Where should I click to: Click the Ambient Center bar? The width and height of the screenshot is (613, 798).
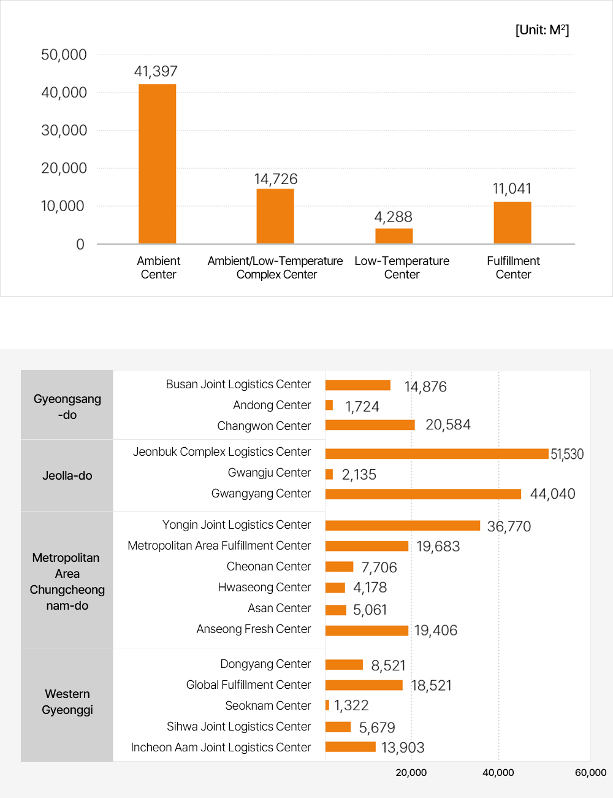pyautogui.click(x=158, y=164)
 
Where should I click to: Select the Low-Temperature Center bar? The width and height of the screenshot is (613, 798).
pyautogui.click(x=394, y=236)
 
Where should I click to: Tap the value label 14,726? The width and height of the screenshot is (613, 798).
pyautogui.click(x=276, y=179)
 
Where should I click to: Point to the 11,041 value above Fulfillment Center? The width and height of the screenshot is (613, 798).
pyautogui.click(x=512, y=189)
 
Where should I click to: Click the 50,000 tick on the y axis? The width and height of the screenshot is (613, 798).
pyautogui.click(x=64, y=55)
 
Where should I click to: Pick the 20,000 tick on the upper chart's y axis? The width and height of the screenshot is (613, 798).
pyautogui.click(x=64, y=168)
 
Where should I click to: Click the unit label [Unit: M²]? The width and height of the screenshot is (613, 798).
pyautogui.click(x=542, y=30)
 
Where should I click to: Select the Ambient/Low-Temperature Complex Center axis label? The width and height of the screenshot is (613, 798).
pyautogui.click(x=275, y=267)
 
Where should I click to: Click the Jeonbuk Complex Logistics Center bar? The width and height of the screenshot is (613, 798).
pyautogui.click(x=436, y=454)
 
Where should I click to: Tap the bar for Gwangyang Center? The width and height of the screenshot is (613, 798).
pyautogui.click(x=423, y=494)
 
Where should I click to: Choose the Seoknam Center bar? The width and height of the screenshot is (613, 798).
pyautogui.click(x=327, y=705)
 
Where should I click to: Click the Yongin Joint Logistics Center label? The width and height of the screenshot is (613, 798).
pyautogui.click(x=237, y=525)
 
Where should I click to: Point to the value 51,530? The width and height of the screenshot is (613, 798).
pyautogui.click(x=567, y=455)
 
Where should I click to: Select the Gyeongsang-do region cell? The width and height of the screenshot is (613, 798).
pyautogui.click(x=67, y=406)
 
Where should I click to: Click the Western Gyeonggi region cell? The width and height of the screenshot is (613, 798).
pyautogui.click(x=67, y=702)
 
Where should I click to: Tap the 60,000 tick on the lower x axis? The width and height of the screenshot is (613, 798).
pyautogui.click(x=590, y=773)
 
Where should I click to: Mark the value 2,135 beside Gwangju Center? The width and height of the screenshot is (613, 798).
pyautogui.click(x=359, y=475)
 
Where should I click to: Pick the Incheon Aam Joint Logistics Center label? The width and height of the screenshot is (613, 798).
pyautogui.click(x=221, y=748)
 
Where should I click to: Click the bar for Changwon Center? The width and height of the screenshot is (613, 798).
pyautogui.click(x=370, y=425)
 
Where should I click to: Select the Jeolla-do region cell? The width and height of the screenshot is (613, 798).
pyautogui.click(x=67, y=475)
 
